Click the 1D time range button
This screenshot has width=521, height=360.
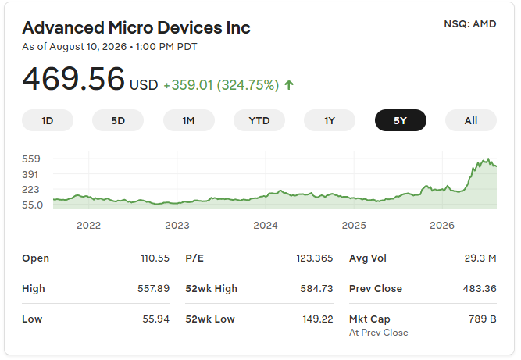48,120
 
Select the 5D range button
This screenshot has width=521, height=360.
118,120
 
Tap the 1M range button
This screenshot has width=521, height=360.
189,120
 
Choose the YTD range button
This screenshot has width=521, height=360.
259,120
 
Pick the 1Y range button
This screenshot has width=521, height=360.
330,120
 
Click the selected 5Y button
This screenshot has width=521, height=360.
401,120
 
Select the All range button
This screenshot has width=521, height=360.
471,120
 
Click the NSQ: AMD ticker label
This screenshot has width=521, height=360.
470,24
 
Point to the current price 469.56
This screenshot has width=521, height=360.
73,79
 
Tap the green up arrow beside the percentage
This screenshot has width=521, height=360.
289,85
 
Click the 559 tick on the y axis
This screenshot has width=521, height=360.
31,159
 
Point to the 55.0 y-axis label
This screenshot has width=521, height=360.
33,205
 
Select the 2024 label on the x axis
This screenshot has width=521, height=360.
266,226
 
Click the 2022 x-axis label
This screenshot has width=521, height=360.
89,226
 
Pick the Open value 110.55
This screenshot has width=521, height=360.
155,258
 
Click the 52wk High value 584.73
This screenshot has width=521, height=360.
316,289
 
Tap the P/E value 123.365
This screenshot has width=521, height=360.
315,258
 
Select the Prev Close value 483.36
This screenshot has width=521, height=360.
480,289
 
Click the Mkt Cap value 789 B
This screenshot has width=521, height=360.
483,319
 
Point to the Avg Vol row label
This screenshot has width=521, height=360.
368,258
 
